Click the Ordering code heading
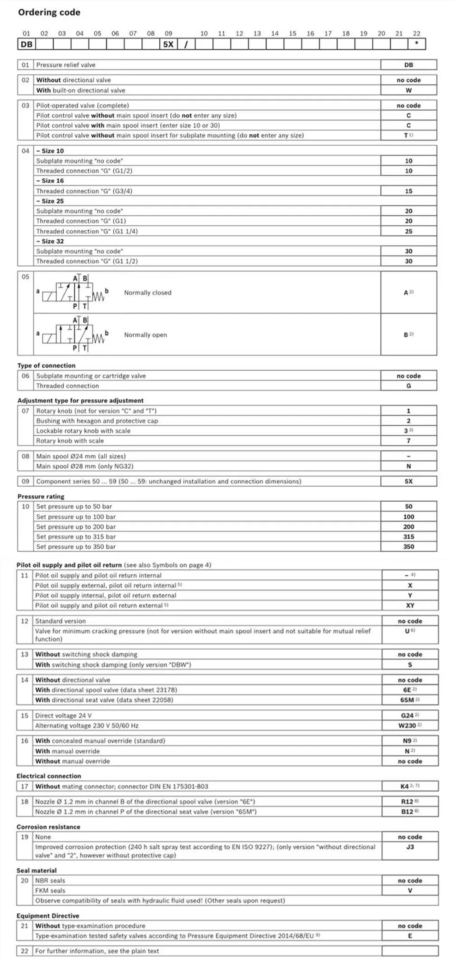(49, 13)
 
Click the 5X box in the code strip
(168, 44)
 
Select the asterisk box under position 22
(417, 44)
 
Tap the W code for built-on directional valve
(408, 90)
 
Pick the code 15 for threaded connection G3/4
(408, 191)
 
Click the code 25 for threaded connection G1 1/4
(408, 231)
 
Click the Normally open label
(145, 335)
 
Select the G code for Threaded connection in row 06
(408, 386)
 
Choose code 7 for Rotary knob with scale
(408, 441)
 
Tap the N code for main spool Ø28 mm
(408, 466)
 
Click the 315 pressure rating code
(408, 537)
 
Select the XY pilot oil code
(410, 605)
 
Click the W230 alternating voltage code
(408, 726)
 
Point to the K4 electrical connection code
(405, 786)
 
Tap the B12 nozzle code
(408, 811)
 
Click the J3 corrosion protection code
(410, 847)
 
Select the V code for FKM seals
(410, 890)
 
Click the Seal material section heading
(37, 871)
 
